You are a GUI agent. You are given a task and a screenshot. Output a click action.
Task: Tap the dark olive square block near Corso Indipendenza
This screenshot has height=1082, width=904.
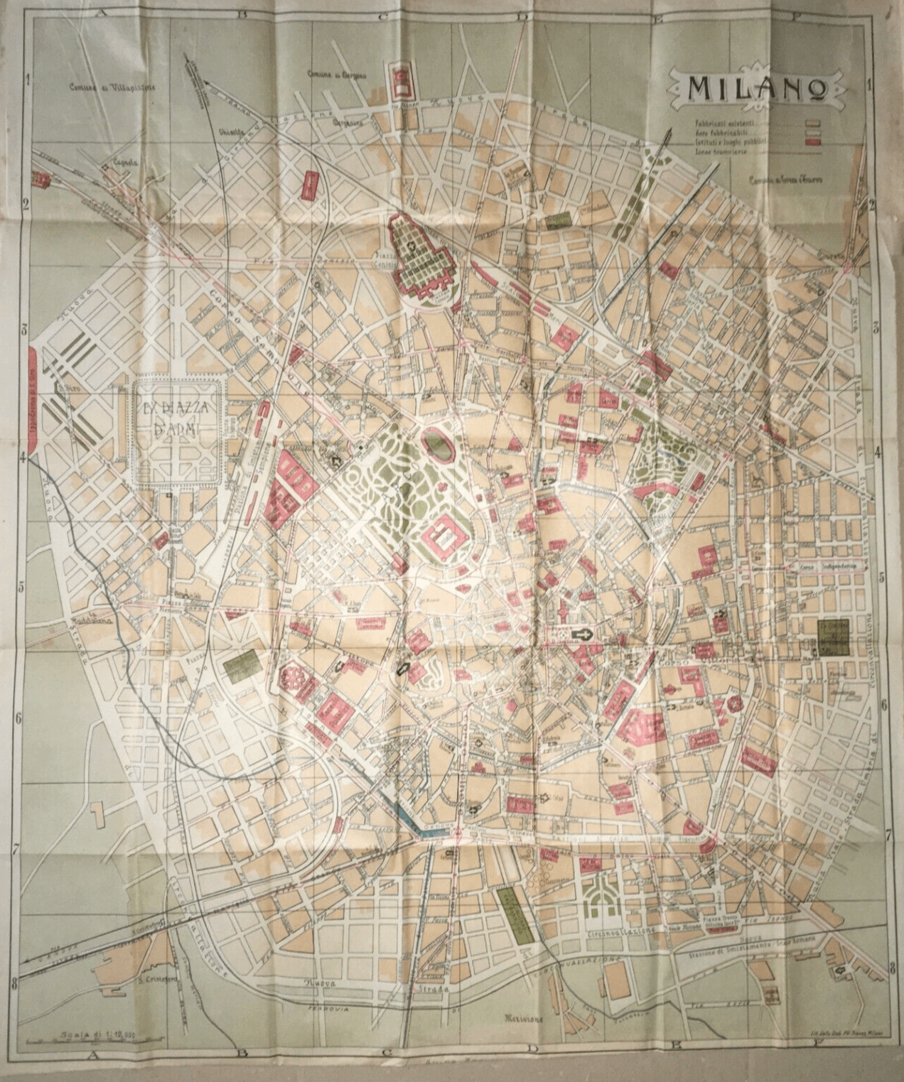(833, 637)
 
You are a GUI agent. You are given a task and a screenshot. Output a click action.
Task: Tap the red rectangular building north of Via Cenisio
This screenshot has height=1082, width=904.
(311, 185)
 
